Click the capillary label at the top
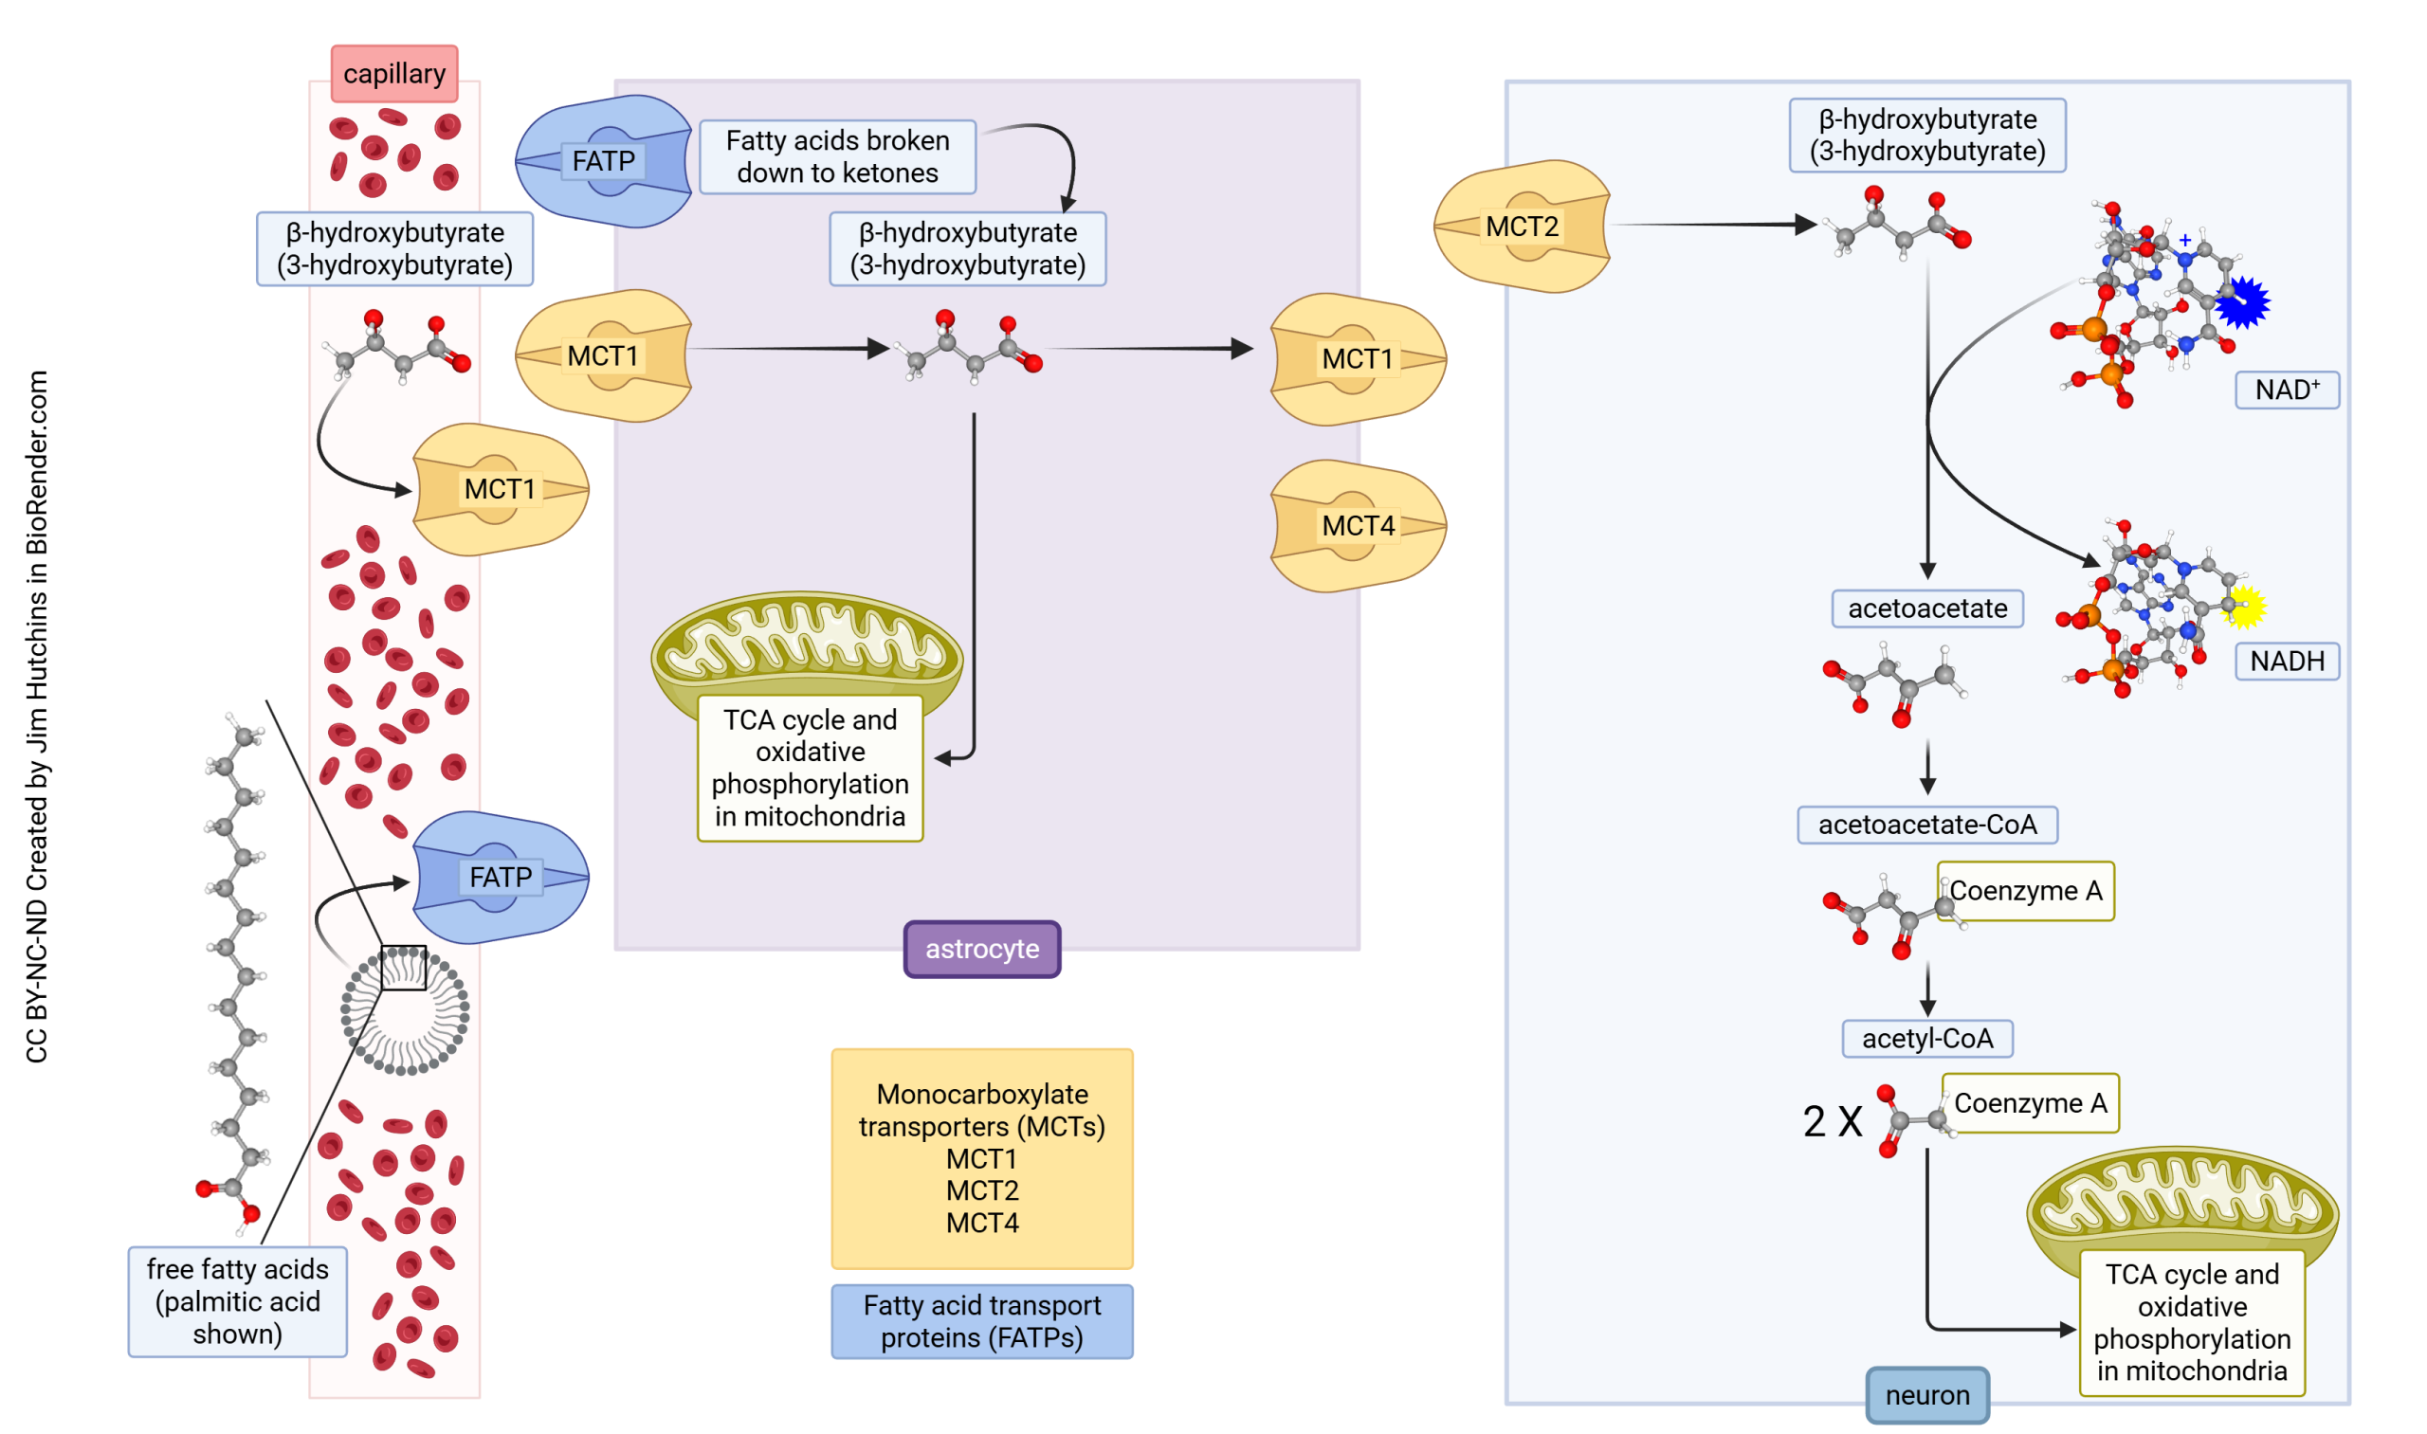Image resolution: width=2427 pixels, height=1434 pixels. [x=394, y=73]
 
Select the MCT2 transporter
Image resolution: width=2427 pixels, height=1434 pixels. [x=1522, y=227]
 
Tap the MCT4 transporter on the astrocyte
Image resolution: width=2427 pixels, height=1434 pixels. [x=1358, y=526]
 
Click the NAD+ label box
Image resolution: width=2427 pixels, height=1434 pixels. [x=2286, y=390]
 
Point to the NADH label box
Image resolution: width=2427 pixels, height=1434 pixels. [x=2286, y=661]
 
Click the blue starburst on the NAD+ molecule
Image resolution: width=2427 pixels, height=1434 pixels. [x=2242, y=303]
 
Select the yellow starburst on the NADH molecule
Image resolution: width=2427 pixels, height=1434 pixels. [x=2244, y=608]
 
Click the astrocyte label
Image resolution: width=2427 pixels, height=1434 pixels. [x=982, y=949]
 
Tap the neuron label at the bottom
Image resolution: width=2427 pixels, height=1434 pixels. [x=1926, y=1394]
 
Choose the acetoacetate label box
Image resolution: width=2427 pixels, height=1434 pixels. [x=1926, y=608]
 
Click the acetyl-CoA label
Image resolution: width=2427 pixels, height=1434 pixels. [x=1926, y=1039]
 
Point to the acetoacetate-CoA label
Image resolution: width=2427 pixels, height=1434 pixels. [x=1926, y=825]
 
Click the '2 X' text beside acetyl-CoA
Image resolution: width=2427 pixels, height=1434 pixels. [x=1832, y=1122]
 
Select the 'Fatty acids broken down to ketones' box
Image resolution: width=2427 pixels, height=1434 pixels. [x=837, y=156]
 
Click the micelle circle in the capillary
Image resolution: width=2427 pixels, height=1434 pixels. [x=405, y=1010]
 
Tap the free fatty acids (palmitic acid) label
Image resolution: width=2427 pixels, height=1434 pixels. [x=237, y=1300]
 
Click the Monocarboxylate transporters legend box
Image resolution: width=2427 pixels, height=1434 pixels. [x=981, y=1157]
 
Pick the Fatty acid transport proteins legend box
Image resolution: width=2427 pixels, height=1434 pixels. [x=981, y=1321]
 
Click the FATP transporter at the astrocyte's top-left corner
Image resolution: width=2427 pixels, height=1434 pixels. [x=604, y=161]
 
